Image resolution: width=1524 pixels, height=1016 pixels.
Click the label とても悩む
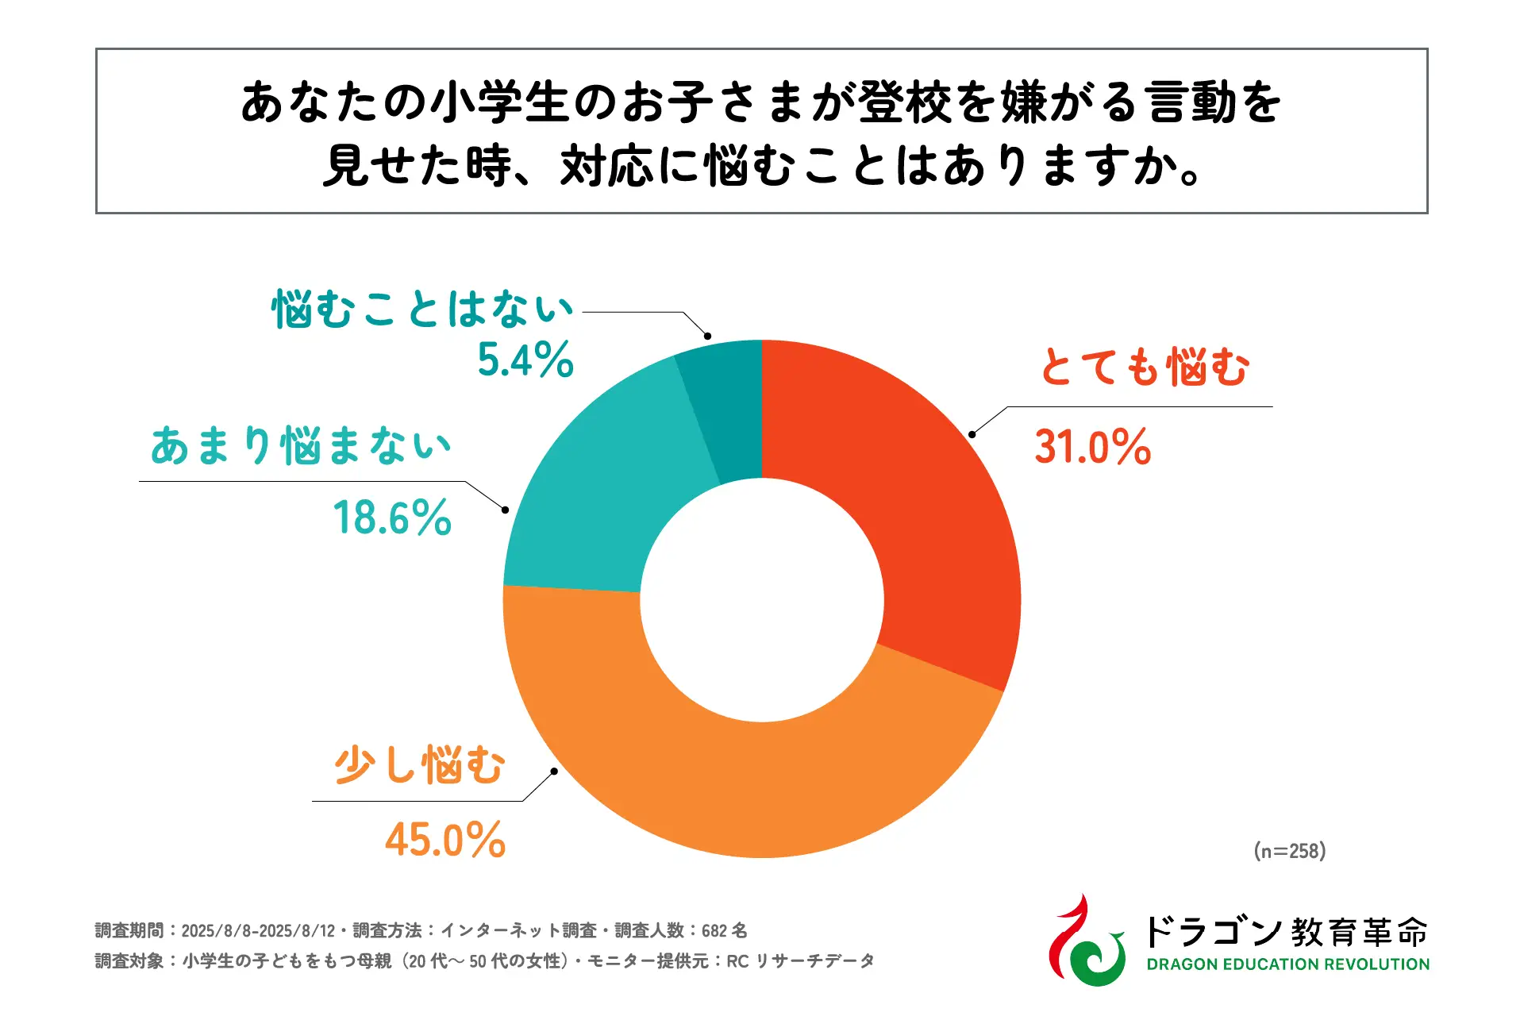coord(1145,368)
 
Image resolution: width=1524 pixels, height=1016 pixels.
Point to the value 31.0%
coord(1092,447)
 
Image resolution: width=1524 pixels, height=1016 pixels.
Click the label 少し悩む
coord(419,766)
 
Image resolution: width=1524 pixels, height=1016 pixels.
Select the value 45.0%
coord(445,840)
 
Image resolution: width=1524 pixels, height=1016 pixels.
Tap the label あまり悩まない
coord(301,445)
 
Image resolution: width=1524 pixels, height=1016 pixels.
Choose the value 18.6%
coord(392,518)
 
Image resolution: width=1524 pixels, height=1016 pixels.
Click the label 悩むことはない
coord(422,309)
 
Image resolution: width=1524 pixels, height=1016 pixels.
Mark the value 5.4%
coord(525,360)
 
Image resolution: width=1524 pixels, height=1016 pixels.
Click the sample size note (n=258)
coord(1290,851)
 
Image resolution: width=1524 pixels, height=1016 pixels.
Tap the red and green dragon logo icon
coord(1086,941)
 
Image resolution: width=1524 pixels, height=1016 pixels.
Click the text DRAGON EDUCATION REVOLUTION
coord(1287,964)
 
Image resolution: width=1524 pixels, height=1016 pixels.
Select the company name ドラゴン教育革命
coord(1286,931)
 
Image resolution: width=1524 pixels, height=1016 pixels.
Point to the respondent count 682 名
coord(724,930)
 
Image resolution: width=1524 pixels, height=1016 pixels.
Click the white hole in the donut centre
coord(762,599)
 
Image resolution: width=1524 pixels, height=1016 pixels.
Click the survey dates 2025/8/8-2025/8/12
coord(258,930)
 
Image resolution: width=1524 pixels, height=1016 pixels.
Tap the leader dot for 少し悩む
coord(554,771)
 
